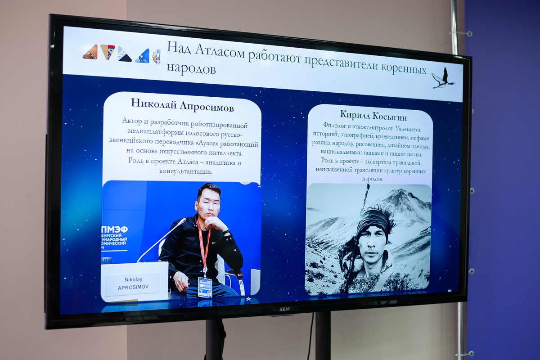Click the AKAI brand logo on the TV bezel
(x=284, y=309)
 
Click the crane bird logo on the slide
(x=443, y=78)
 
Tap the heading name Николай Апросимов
(x=182, y=105)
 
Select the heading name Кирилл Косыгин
(x=373, y=115)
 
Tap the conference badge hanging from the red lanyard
(x=205, y=287)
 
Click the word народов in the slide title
(x=191, y=68)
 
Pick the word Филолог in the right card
(x=333, y=125)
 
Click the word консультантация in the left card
(x=185, y=171)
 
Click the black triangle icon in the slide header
(x=125, y=58)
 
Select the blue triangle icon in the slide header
(x=143, y=56)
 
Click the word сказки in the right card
(x=413, y=154)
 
